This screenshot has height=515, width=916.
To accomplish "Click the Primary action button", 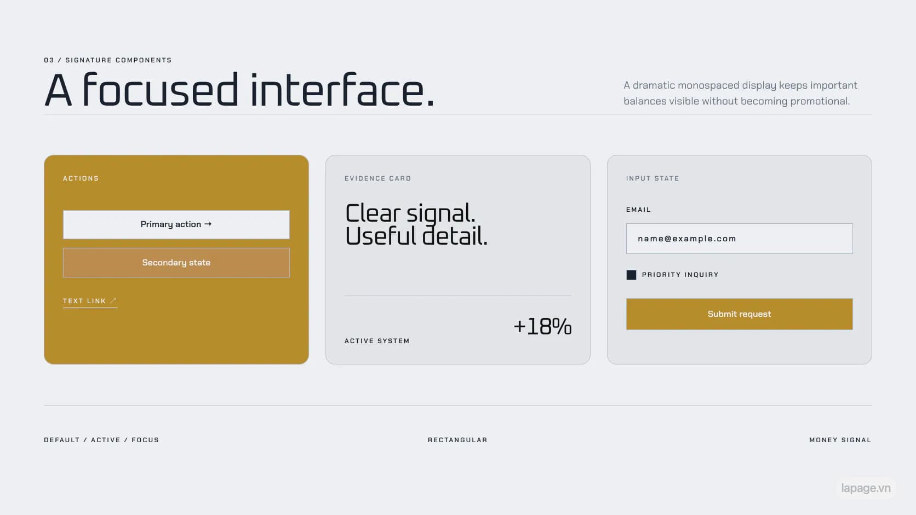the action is pyautogui.click(x=176, y=224).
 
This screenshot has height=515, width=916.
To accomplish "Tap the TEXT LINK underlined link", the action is pyautogui.click(x=90, y=302).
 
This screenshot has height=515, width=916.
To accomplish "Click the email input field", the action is pyautogui.click(x=740, y=239).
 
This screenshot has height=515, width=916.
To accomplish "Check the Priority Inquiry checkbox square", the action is pyautogui.click(x=631, y=275).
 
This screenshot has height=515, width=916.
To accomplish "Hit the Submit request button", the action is pyautogui.click(x=740, y=314).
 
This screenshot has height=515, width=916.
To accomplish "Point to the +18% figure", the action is pyautogui.click(x=543, y=327).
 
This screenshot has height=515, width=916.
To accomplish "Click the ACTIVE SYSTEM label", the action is pyautogui.click(x=377, y=341).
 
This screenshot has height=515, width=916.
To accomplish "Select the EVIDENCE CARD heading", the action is pyautogui.click(x=378, y=178).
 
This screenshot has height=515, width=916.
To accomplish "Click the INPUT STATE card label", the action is pyautogui.click(x=652, y=178).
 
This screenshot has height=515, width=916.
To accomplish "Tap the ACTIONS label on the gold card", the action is pyautogui.click(x=81, y=178).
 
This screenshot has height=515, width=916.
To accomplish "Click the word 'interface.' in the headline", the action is pyautogui.click(x=342, y=90).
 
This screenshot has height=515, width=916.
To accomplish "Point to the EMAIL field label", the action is pyautogui.click(x=638, y=210).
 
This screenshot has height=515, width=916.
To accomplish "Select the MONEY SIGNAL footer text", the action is pyautogui.click(x=840, y=440).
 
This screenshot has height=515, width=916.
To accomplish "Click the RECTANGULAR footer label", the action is pyautogui.click(x=457, y=440).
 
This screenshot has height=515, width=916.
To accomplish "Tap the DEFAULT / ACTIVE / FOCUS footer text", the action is pyautogui.click(x=101, y=440).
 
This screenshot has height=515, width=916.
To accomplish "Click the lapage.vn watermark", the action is pyautogui.click(x=866, y=488).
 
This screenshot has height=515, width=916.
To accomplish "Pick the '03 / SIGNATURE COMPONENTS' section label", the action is pyautogui.click(x=108, y=60).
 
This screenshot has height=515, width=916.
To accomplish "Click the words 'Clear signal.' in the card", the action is pyautogui.click(x=410, y=213).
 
